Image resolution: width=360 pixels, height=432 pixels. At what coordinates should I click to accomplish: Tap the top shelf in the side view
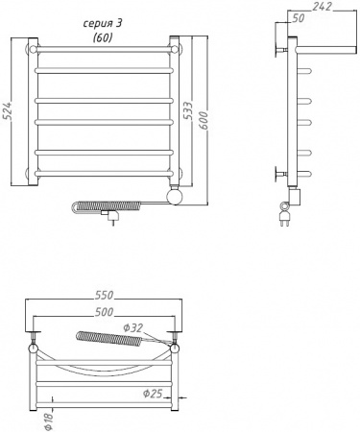(x=317, y=46)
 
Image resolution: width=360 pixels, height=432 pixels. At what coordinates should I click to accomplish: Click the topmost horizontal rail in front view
(x=104, y=49)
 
